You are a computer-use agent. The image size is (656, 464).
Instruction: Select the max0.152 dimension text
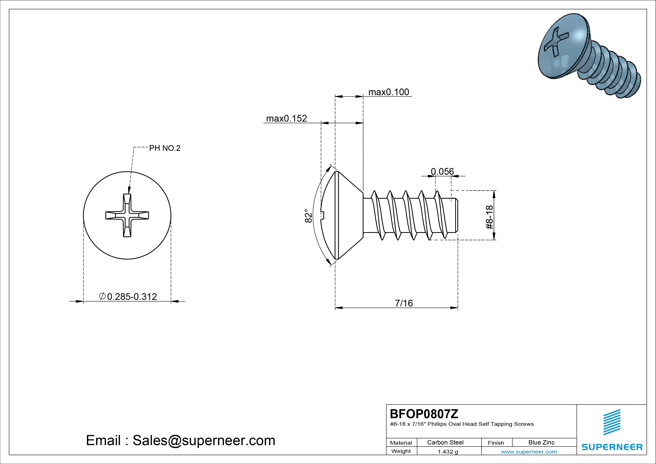click(286, 118)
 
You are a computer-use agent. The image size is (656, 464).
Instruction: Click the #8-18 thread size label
click(489, 217)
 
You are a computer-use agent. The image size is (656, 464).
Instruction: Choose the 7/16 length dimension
click(404, 303)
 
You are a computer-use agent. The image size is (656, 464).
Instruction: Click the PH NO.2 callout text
click(165, 148)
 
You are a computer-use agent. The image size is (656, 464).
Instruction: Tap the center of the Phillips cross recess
click(127, 215)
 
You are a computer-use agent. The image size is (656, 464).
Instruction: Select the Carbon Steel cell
click(445, 442)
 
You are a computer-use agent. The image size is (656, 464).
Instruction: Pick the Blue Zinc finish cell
click(541, 442)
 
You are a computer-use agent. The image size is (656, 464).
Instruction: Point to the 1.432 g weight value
click(448, 452)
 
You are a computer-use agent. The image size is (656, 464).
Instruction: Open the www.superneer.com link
click(529, 452)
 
